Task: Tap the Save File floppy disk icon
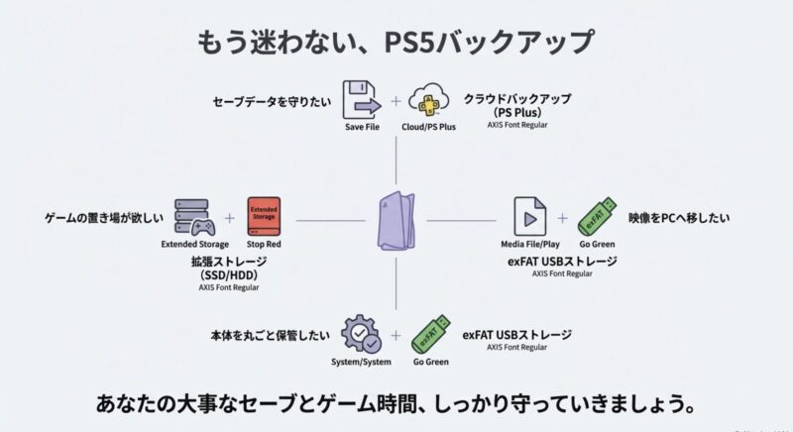pos(362,100)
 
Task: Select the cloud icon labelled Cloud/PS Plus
pos(429,101)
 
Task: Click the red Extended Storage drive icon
pos(264,217)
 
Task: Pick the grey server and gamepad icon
pos(194,217)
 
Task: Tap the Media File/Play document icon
pos(530,217)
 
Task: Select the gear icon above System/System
pos(362,335)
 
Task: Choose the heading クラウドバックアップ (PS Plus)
pos(518,106)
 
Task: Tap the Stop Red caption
pos(264,244)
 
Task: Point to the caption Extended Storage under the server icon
pos(194,244)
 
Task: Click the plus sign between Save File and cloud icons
pos(396,101)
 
